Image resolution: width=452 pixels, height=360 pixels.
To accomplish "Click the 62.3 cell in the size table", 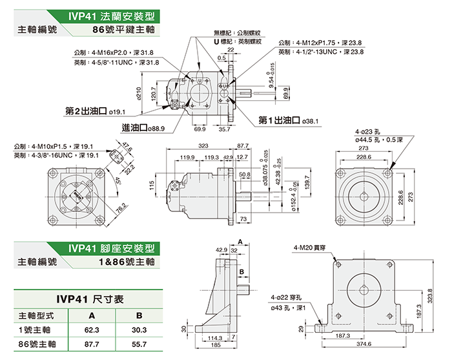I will point(91,330).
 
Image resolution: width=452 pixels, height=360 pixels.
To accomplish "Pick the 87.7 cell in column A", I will point(91,345).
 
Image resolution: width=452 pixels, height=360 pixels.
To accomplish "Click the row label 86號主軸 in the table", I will point(37,345).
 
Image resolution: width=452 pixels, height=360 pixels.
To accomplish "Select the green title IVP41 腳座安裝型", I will point(112,248).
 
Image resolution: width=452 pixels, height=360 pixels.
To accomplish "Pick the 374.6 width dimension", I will point(364,343).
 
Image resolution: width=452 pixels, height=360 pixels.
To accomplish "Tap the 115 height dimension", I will point(152,185).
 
